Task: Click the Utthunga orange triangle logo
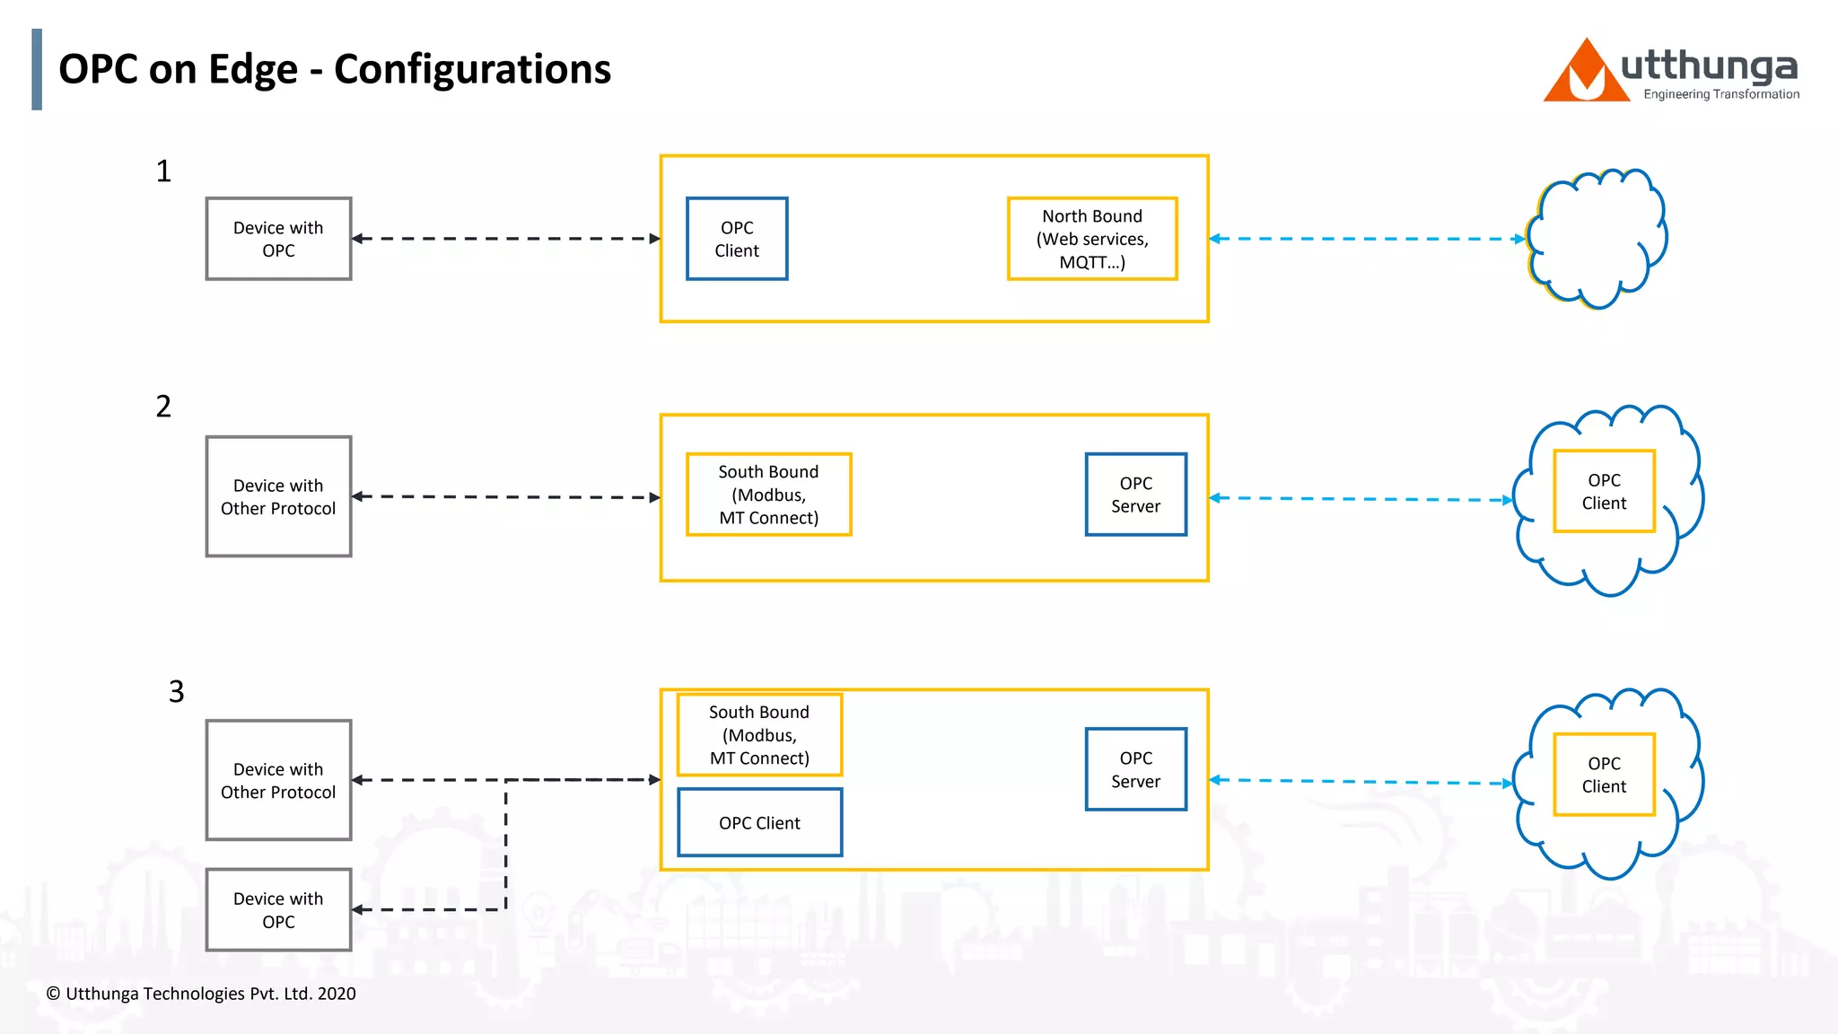click(x=1586, y=74)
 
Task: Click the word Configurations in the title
click(x=472, y=69)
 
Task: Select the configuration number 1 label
click(x=163, y=171)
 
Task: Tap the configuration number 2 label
click(x=163, y=406)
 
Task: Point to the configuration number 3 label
click(x=176, y=691)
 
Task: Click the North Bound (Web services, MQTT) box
click(x=1091, y=239)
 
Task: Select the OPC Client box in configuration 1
click(x=737, y=239)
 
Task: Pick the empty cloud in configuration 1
click(x=1597, y=239)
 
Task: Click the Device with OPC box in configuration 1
click(x=278, y=239)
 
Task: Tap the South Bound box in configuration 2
click(x=768, y=495)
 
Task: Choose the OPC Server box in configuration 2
click(x=1135, y=495)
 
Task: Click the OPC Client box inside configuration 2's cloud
click(x=1604, y=491)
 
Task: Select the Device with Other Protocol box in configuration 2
click(x=278, y=496)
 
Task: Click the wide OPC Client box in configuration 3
click(x=759, y=822)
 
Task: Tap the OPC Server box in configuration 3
click(x=1135, y=769)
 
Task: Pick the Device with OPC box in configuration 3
click(x=278, y=909)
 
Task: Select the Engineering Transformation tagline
click(x=1720, y=94)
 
